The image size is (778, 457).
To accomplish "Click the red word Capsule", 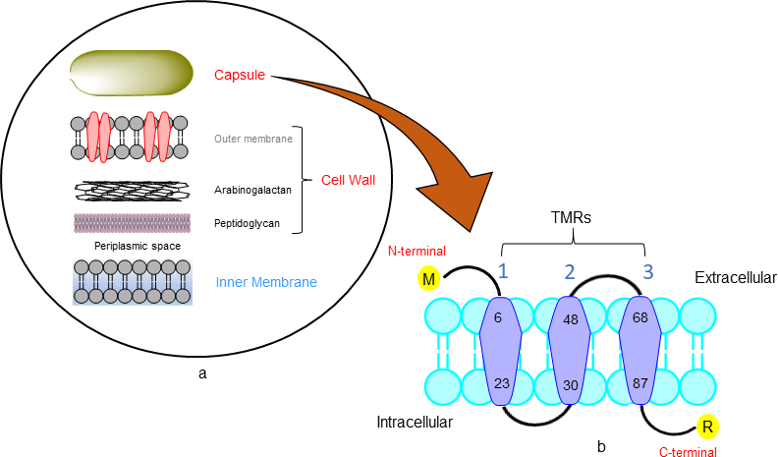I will pyautogui.click(x=241, y=73).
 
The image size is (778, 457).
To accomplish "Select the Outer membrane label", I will pyautogui.click(x=252, y=139).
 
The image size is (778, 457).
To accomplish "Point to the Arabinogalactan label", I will pyautogui.click(x=252, y=190).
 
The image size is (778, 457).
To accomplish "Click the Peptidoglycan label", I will pyautogui.click(x=247, y=223).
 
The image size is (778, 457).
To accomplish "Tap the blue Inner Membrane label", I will pyautogui.click(x=266, y=283).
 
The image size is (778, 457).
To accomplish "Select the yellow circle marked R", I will pyautogui.click(x=707, y=426).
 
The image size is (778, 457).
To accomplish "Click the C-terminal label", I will pyautogui.click(x=688, y=452).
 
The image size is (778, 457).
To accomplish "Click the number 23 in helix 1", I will pyautogui.click(x=501, y=384).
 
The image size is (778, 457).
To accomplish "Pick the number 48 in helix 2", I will pyautogui.click(x=570, y=318).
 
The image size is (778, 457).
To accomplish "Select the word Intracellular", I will pyautogui.click(x=415, y=423).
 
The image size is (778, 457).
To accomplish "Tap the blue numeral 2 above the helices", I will pyautogui.click(x=570, y=271).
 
